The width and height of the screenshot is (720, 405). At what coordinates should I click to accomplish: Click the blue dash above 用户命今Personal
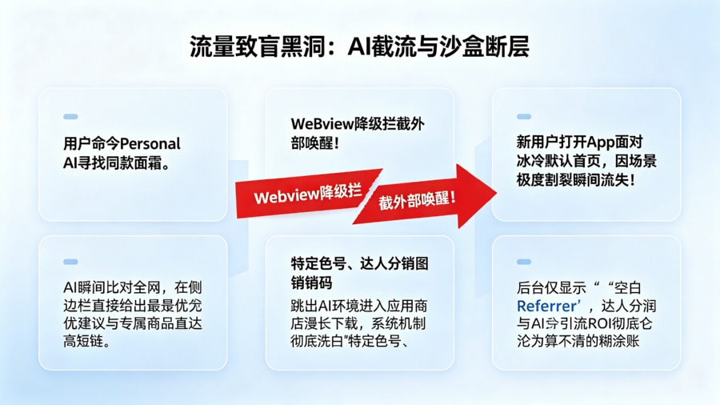(70, 117)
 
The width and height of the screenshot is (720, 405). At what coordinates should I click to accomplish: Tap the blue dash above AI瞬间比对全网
(70, 262)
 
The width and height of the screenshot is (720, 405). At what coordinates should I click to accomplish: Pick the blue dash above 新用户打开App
(524, 117)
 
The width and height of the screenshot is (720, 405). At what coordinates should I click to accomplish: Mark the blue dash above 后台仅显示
(524, 262)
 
